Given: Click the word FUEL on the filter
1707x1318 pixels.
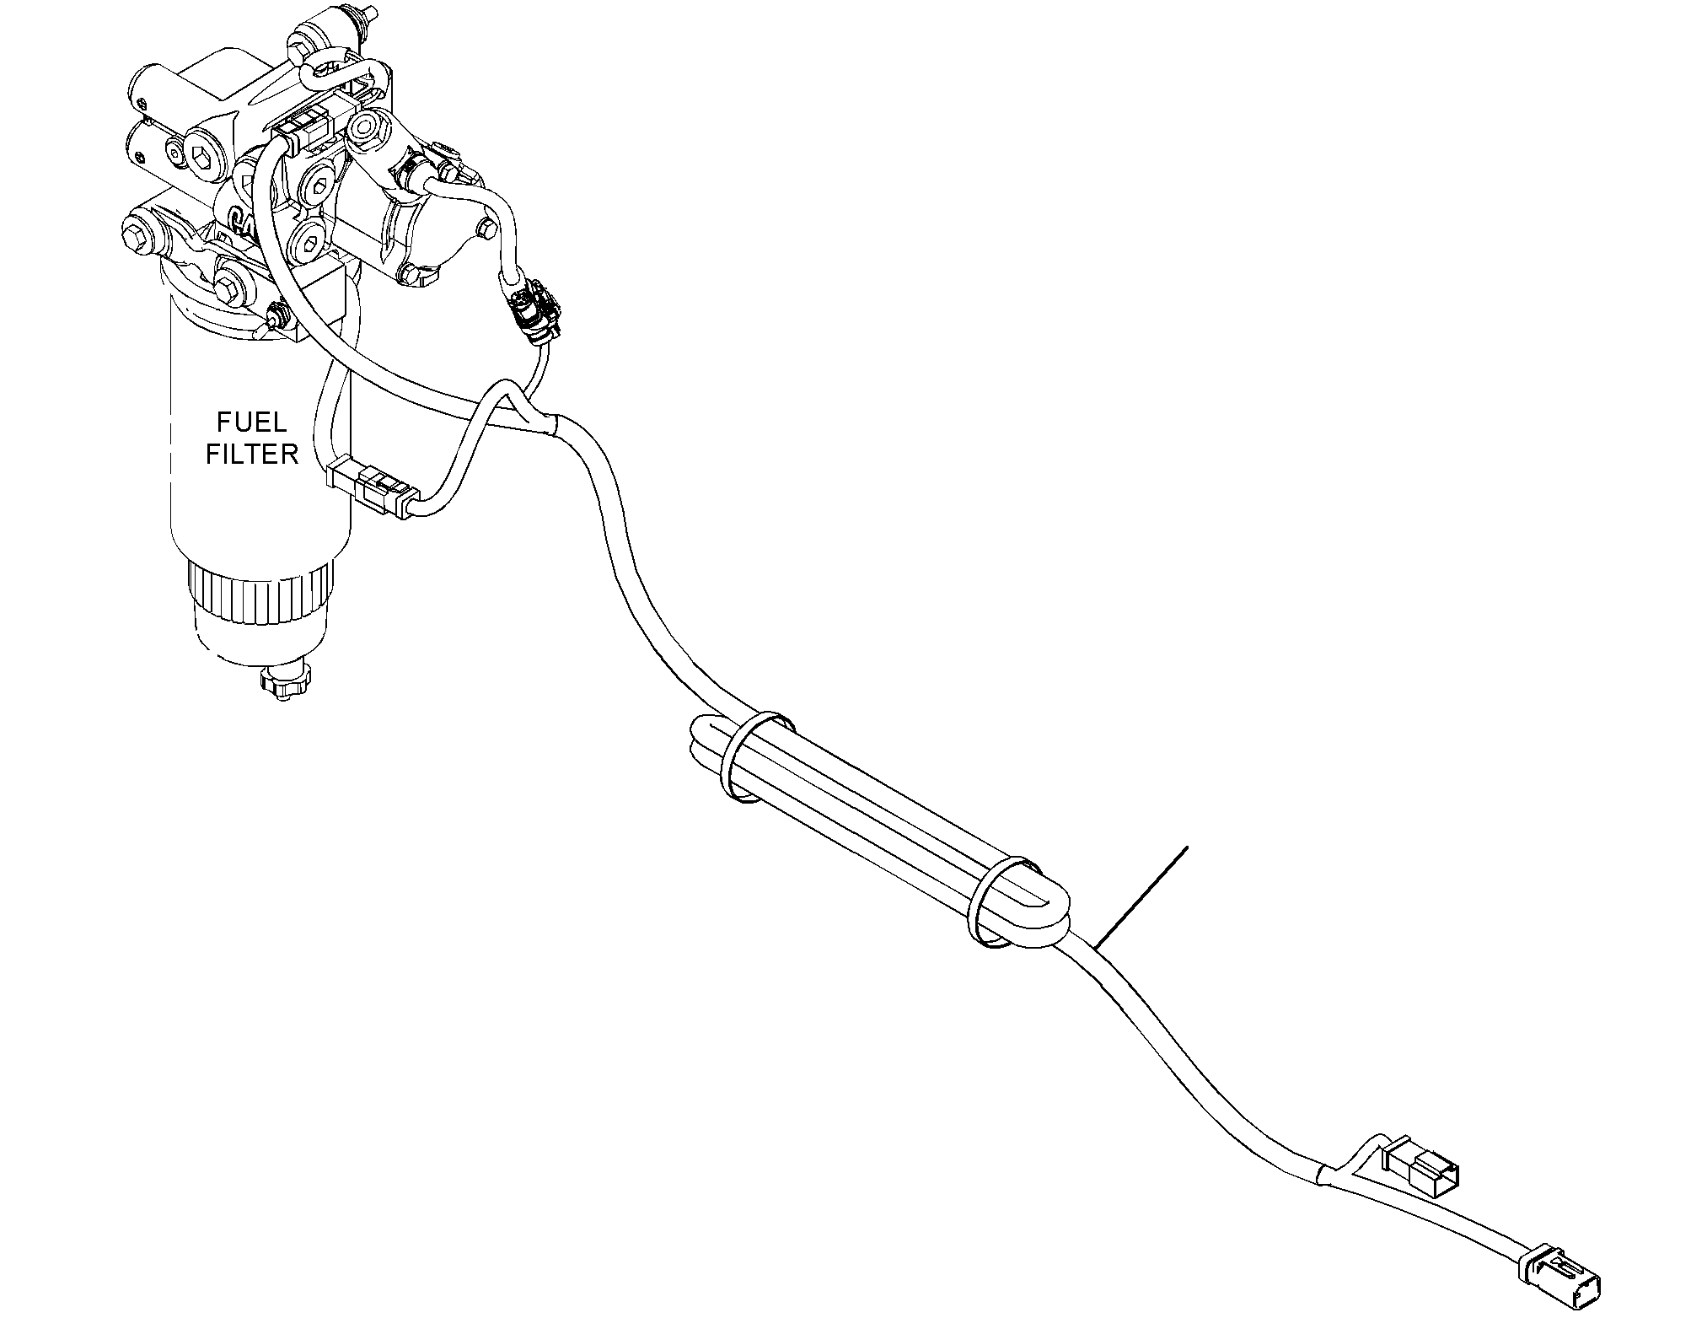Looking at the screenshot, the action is [252, 422].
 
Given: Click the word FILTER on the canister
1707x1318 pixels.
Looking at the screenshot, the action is [252, 454].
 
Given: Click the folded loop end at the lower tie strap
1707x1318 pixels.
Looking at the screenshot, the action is [1050, 914].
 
